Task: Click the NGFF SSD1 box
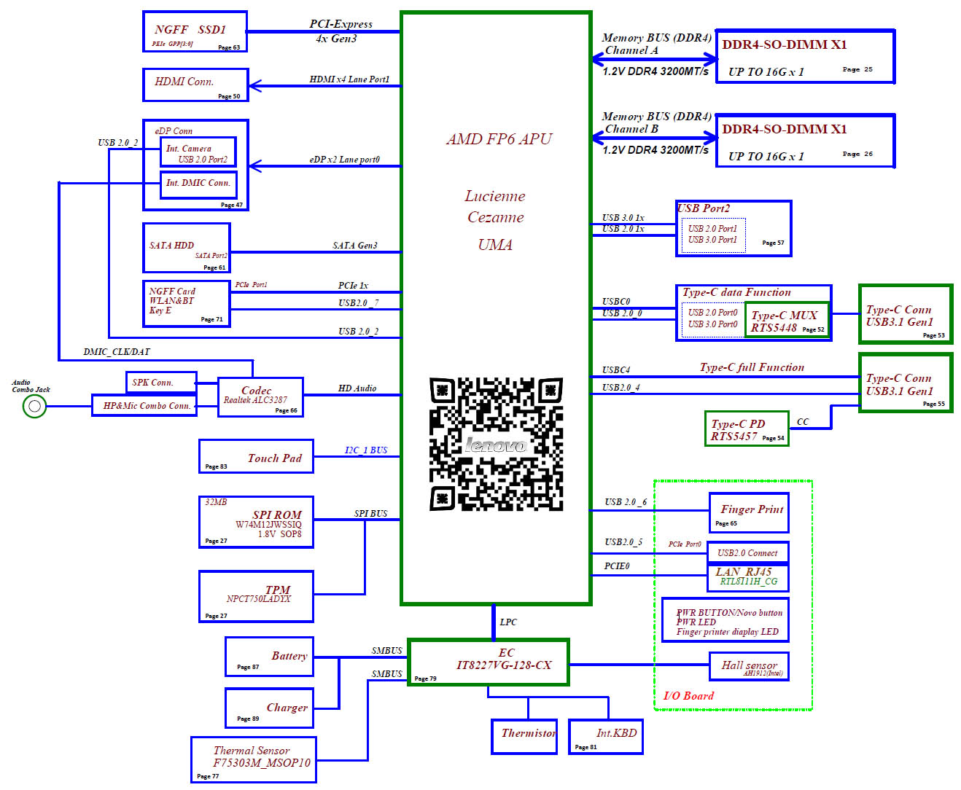pos(195,32)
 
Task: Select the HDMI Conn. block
pos(195,85)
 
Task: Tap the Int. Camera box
pos(198,152)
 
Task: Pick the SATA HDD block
pos(186,248)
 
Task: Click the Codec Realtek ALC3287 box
pos(260,397)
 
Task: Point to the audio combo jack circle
pos(34,406)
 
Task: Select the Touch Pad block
pos(256,456)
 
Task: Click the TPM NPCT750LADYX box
pos(256,596)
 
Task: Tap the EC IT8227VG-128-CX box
pos(488,662)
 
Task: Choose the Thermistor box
pos(524,736)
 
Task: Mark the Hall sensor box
pos(749,666)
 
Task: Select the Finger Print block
pos(749,512)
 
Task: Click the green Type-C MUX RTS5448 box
pos(787,321)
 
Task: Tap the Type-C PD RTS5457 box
pos(746,429)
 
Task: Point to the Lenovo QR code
pos(496,444)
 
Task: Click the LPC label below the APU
pos(508,622)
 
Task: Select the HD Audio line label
pos(357,388)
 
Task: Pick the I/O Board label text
pos(688,695)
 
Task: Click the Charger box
pos(269,708)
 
